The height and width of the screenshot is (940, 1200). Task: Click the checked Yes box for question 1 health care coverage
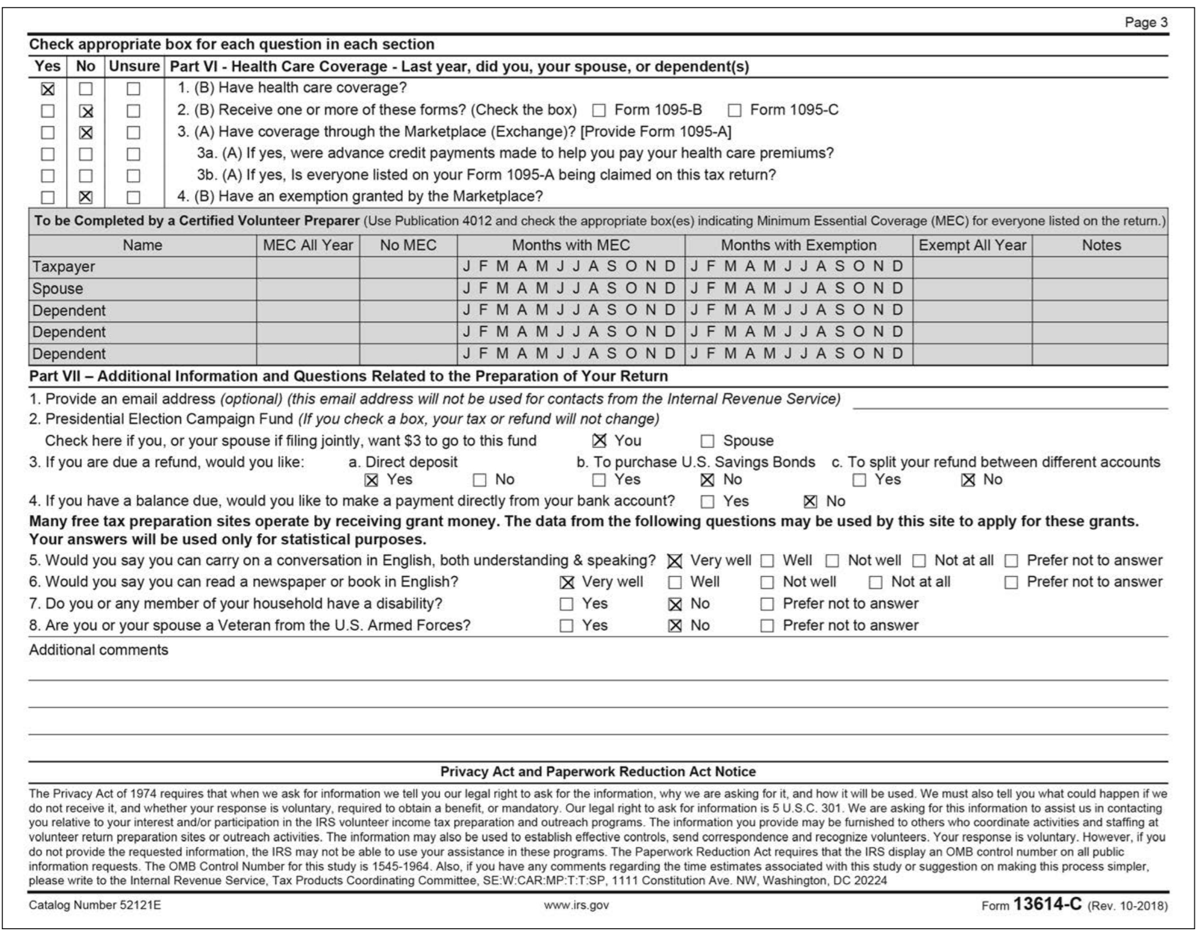(48, 89)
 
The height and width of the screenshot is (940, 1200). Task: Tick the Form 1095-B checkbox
(599, 110)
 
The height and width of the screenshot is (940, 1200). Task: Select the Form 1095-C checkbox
(734, 110)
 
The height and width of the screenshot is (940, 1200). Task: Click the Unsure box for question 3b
(133, 176)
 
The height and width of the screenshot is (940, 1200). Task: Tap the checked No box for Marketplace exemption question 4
(85, 197)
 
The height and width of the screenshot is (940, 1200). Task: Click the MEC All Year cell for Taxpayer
(307, 267)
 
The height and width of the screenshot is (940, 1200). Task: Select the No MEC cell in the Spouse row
(408, 289)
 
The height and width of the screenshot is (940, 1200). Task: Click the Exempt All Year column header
(972, 246)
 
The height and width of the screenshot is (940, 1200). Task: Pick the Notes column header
(1101, 246)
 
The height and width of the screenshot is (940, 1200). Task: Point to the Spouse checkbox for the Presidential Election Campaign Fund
(707, 442)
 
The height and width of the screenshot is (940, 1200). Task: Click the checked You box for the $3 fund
(599, 441)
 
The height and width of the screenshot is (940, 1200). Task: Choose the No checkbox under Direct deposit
(479, 481)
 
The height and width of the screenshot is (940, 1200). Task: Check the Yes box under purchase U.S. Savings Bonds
(599, 481)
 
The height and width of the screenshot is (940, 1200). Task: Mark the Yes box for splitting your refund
(859, 481)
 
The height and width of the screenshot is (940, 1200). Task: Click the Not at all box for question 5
(919, 561)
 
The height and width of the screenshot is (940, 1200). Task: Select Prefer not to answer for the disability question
(767, 604)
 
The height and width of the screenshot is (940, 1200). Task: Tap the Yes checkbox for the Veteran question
(566, 626)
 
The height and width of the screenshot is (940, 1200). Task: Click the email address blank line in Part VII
(1010, 402)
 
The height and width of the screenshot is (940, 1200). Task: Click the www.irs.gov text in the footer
(576, 905)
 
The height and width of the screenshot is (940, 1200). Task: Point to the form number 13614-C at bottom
(1048, 904)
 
